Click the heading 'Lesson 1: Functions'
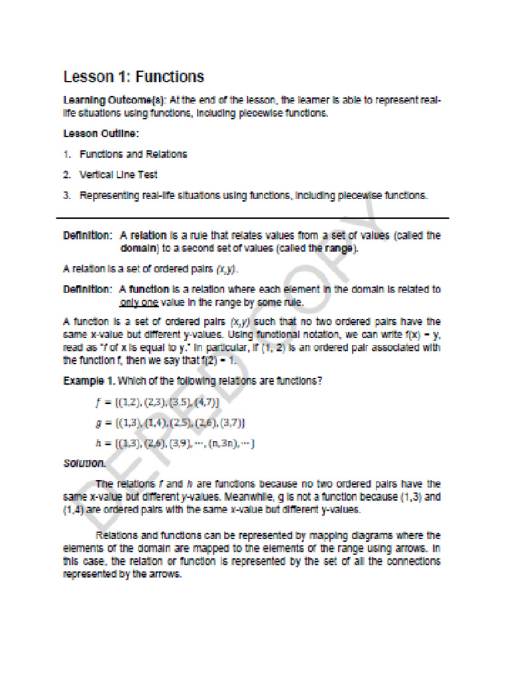(x=133, y=77)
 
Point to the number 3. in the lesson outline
(x=67, y=196)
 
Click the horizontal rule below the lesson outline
(x=252, y=217)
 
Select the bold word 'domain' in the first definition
(x=138, y=249)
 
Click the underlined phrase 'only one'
(x=139, y=302)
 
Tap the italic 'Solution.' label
(x=84, y=463)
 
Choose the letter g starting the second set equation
(x=99, y=423)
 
